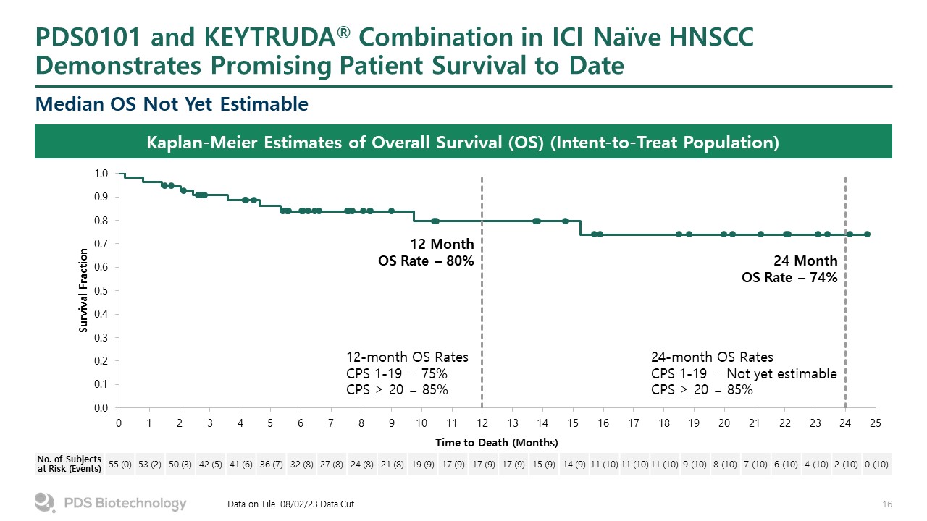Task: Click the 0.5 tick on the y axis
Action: pyautogui.click(x=101, y=291)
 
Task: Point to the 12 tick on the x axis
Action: pyautogui.click(x=482, y=423)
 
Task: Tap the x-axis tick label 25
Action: pyautogui.click(x=875, y=423)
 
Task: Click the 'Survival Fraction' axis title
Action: pyautogui.click(x=84, y=291)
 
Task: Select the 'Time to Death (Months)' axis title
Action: pyautogui.click(x=497, y=442)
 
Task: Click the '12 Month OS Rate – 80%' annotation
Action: pyautogui.click(x=427, y=252)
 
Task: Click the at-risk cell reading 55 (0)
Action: pyautogui.click(x=119, y=464)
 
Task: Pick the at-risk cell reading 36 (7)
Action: pyautogui.click(x=271, y=464)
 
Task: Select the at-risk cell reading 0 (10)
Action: pyautogui.click(x=876, y=464)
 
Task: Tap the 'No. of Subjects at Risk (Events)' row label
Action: pyautogui.click(x=70, y=464)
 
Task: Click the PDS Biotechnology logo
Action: pyautogui.click(x=111, y=503)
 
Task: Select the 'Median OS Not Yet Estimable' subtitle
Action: pyautogui.click(x=172, y=105)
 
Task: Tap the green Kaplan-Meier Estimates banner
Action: pyautogui.click(x=463, y=142)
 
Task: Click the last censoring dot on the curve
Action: pyautogui.click(x=867, y=234)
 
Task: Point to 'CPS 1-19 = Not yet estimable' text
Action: pyautogui.click(x=744, y=374)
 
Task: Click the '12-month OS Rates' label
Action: pyautogui.click(x=408, y=357)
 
